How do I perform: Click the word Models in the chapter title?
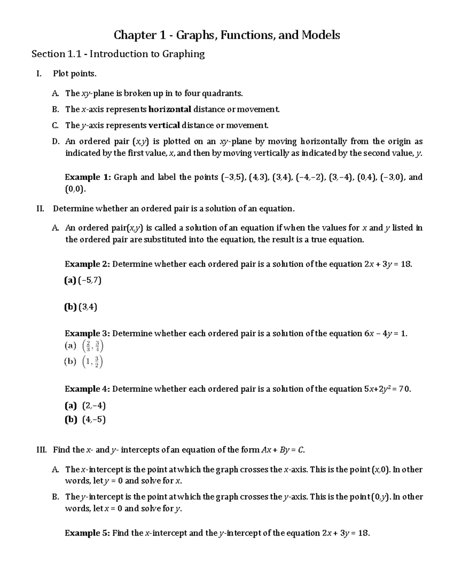(x=320, y=36)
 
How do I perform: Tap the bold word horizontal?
(x=170, y=110)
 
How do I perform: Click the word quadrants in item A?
(x=223, y=93)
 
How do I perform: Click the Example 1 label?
(x=88, y=177)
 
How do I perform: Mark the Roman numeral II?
(x=40, y=209)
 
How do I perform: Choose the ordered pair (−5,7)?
(x=90, y=280)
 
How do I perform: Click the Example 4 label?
(x=88, y=389)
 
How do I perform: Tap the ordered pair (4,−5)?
(x=94, y=420)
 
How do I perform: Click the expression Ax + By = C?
(x=283, y=450)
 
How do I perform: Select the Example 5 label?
(x=88, y=533)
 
